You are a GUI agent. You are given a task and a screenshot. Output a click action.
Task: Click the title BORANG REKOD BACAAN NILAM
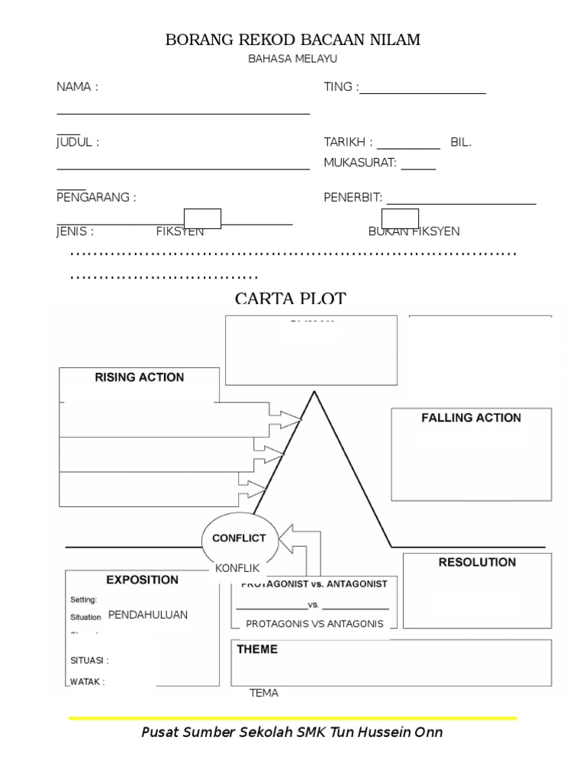(292, 40)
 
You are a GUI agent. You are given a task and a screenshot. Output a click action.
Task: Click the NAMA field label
(77, 87)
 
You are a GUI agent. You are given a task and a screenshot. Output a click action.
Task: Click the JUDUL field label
(78, 142)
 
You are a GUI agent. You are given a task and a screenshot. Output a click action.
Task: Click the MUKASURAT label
(360, 163)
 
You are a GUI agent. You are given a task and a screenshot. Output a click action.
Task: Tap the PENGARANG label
(96, 198)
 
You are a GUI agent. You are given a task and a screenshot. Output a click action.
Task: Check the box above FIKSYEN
(202, 218)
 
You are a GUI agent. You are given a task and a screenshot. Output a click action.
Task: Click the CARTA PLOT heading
(290, 299)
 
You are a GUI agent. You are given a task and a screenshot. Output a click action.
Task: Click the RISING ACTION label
(139, 377)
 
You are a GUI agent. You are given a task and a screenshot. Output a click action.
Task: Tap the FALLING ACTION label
(471, 418)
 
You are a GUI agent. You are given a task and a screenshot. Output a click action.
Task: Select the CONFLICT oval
(239, 538)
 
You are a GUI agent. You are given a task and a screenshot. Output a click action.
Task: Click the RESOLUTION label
(477, 563)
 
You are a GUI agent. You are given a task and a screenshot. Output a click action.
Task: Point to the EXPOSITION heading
(142, 580)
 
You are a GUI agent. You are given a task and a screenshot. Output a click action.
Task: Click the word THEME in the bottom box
(257, 650)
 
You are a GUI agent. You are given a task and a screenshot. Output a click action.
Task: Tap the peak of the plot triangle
(314, 393)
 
